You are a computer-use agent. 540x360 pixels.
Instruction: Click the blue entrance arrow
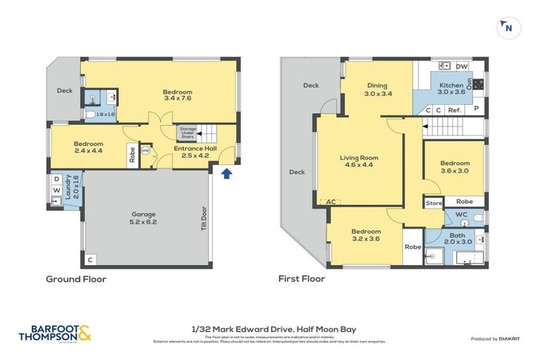click(226, 174)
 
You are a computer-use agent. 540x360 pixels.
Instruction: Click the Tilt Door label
click(205, 218)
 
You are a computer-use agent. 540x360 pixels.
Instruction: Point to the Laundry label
click(68, 188)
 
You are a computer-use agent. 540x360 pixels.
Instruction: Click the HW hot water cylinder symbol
click(146, 150)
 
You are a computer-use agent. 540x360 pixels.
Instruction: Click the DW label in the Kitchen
click(461, 67)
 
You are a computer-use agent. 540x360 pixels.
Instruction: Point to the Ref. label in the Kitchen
click(454, 110)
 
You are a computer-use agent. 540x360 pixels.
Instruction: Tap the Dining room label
click(378, 89)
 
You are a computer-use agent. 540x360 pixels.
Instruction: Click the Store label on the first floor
click(433, 204)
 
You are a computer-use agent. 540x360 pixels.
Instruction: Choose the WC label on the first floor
click(461, 214)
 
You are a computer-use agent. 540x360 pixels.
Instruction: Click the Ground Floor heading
click(76, 279)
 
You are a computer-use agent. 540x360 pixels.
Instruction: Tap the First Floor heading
click(302, 279)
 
